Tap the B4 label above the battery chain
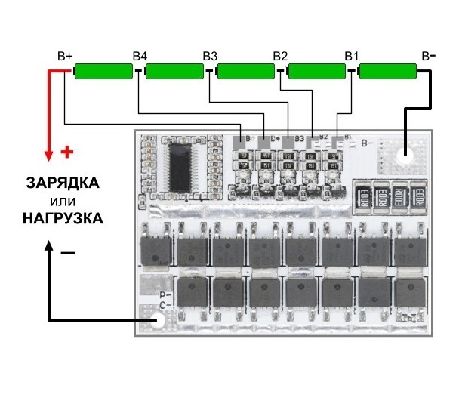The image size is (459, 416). [x=140, y=57]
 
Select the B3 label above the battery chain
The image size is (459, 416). [x=210, y=57]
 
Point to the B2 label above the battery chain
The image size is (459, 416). [x=280, y=57]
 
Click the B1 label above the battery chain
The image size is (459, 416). [x=351, y=57]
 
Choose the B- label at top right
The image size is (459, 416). [x=428, y=57]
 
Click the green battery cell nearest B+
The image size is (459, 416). [x=104, y=72]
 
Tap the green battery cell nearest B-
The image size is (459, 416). [x=387, y=72]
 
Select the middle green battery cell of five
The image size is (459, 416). [x=245, y=72]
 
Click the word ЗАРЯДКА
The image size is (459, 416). [x=62, y=183]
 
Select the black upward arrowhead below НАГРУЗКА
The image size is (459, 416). [x=50, y=248]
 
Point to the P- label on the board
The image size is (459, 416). [x=165, y=294]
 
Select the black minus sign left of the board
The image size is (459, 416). [x=68, y=254]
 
